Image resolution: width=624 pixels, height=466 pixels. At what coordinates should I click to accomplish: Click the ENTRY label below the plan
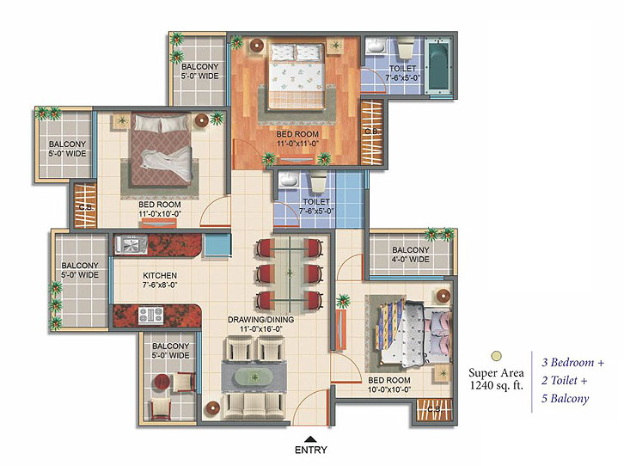(311, 450)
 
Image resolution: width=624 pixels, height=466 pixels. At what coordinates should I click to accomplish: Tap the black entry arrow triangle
(311, 439)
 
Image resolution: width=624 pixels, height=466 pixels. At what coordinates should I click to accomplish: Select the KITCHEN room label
(160, 275)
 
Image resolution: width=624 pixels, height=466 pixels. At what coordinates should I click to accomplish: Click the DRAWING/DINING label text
(261, 319)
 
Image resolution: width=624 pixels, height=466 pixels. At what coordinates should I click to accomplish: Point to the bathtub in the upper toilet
(438, 66)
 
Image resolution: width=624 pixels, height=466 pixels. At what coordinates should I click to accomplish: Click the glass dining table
(290, 273)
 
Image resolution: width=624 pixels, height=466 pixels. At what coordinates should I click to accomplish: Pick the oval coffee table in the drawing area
(254, 376)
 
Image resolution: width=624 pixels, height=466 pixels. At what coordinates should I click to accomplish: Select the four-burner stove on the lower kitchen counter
(150, 316)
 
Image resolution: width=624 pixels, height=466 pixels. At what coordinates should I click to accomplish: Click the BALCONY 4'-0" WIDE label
(411, 254)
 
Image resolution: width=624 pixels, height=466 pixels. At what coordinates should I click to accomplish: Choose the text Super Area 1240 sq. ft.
(496, 379)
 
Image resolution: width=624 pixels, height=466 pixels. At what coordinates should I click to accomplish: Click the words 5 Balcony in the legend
(565, 399)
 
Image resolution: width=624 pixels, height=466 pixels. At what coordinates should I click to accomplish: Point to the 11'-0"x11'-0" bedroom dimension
(297, 144)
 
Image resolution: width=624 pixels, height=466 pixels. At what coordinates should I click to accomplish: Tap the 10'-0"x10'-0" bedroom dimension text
(389, 389)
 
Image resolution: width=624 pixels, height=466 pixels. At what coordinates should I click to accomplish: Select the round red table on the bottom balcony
(162, 381)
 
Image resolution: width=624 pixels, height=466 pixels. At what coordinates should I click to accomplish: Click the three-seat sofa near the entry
(254, 406)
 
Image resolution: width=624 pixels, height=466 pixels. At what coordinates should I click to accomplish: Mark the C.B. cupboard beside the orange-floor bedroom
(372, 132)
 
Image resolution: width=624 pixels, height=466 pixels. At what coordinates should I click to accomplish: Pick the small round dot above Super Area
(496, 356)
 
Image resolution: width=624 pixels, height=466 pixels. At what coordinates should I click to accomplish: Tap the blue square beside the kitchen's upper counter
(217, 245)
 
